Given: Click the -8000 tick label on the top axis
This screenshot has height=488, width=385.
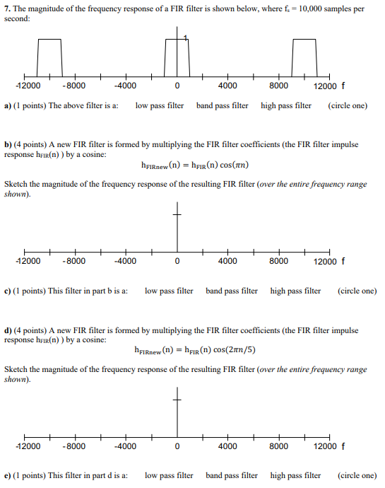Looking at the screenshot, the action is coord(74,86).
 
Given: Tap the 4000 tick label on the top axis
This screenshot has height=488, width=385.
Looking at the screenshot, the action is coord(227,86).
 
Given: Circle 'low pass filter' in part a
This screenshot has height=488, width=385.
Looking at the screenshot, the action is coord(160,106).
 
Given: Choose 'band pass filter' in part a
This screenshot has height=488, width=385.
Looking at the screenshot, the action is coord(222,106).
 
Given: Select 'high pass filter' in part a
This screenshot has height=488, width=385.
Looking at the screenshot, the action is coord(286,106).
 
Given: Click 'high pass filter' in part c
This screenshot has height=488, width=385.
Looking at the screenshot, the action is coord(295,291).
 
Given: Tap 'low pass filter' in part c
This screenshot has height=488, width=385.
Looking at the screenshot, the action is coord(169,291).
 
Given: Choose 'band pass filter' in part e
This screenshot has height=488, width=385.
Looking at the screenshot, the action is coord(232,475).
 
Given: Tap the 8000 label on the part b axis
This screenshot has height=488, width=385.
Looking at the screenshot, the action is coord(279,261).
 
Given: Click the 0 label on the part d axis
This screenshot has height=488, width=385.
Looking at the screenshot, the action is coord(177,446).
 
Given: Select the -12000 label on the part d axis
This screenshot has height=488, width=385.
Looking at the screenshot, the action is coord(28,446).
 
